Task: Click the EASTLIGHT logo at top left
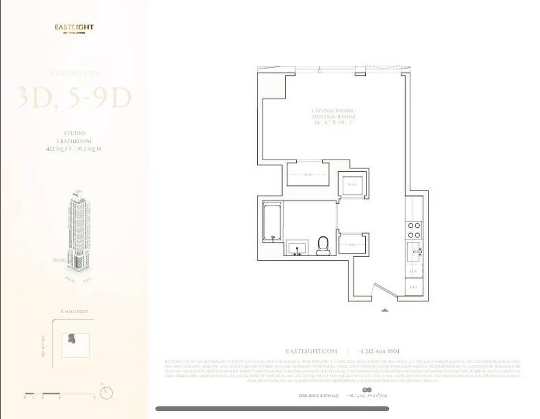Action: tap(74, 28)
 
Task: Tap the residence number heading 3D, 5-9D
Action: tap(74, 98)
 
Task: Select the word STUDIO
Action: tap(74, 134)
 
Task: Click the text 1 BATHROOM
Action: tap(74, 141)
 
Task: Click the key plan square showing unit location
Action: tap(75, 345)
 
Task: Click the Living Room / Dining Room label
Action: tap(333, 116)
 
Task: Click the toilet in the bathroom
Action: tap(323, 245)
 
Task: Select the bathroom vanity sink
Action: tap(298, 248)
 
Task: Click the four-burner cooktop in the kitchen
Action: tap(414, 230)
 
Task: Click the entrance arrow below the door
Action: tap(385, 310)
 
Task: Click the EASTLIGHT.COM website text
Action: tap(311, 351)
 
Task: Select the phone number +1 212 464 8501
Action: tap(379, 351)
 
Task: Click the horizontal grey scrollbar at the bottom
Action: tap(272, 409)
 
